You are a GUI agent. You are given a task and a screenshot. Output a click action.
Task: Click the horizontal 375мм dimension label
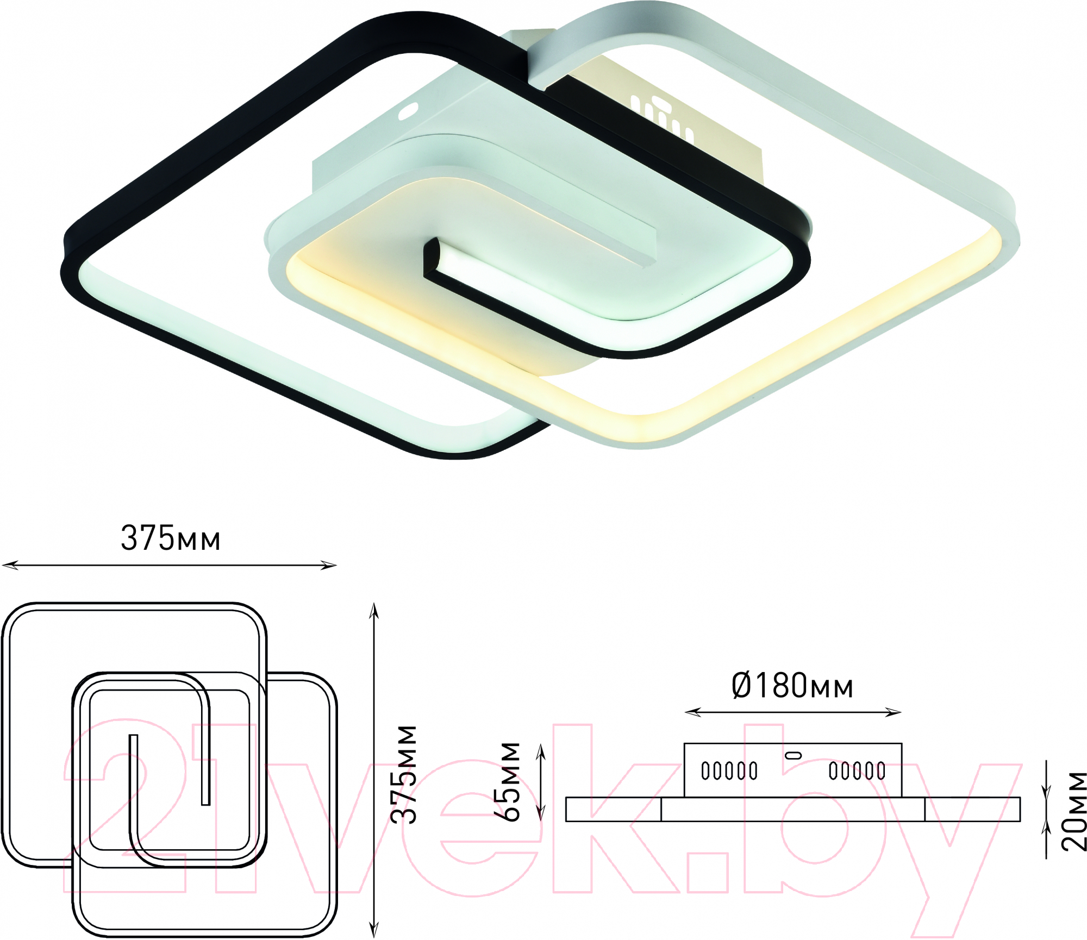click(x=170, y=538)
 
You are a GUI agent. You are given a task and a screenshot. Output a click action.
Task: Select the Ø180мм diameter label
click(x=792, y=686)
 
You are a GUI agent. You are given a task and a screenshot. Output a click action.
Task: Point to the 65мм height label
click(x=508, y=781)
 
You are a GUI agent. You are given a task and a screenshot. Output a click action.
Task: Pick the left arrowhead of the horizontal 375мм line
click(x=10, y=566)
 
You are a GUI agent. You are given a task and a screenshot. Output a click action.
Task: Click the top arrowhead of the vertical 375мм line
click(x=373, y=610)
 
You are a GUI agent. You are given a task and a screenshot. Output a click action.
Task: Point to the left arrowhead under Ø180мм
click(x=692, y=712)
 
